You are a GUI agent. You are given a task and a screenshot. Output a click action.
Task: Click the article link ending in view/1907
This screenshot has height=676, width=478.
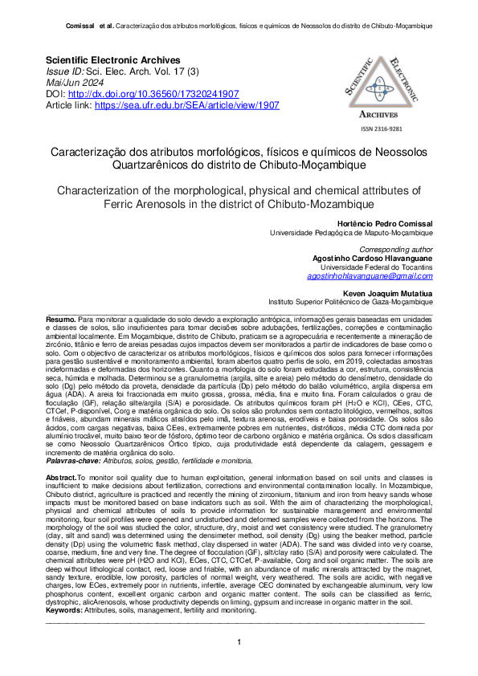(186, 105)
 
